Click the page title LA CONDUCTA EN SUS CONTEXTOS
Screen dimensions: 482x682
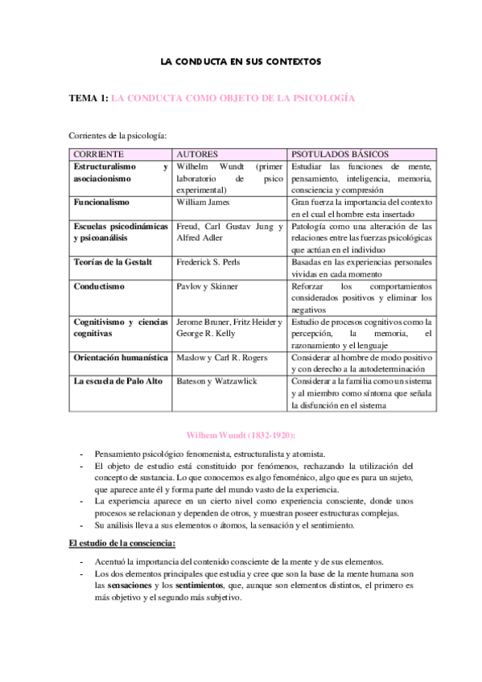241,61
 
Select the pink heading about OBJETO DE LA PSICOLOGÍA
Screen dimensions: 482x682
233,99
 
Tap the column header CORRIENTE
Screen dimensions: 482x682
99,153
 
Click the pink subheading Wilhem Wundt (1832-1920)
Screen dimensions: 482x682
241,434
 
